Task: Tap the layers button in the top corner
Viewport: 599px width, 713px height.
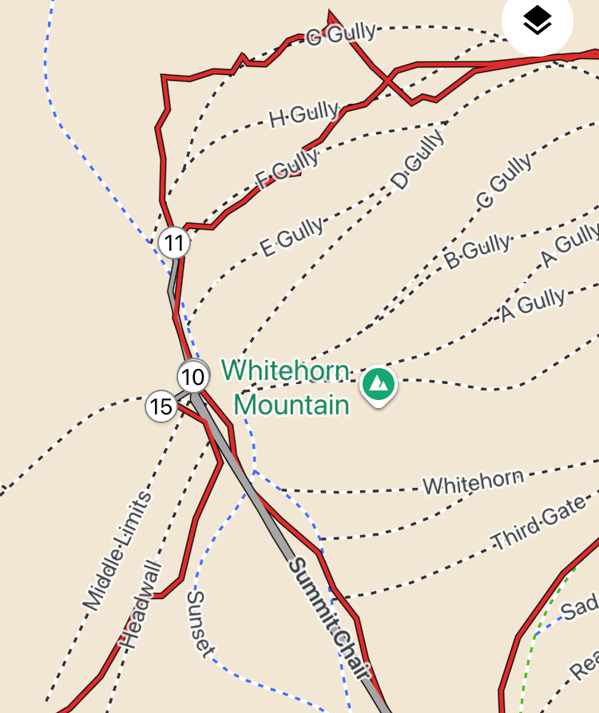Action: pyautogui.click(x=538, y=22)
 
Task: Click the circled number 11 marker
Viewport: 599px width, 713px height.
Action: pyautogui.click(x=173, y=243)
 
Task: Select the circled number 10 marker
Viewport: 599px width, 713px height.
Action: pyautogui.click(x=192, y=376)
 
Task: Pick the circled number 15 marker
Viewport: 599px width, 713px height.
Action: pyautogui.click(x=161, y=407)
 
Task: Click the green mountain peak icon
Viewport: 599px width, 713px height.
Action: pyautogui.click(x=379, y=385)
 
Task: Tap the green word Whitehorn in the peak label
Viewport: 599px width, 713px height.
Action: pyautogui.click(x=285, y=371)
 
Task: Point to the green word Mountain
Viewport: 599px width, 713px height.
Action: pyautogui.click(x=292, y=405)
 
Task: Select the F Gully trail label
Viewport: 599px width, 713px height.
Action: pyautogui.click(x=287, y=167)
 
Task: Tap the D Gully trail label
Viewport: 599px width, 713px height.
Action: pyautogui.click(x=418, y=161)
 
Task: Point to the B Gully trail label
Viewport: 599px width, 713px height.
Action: pyautogui.click(x=477, y=251)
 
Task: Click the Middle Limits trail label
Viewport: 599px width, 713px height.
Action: pyautogui.click(x=117, y=551)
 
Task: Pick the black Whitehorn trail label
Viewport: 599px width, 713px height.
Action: pyautogui.click(x=473, y=481)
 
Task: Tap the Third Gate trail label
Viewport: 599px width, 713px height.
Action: pyautogui.click(x=538, y=527)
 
